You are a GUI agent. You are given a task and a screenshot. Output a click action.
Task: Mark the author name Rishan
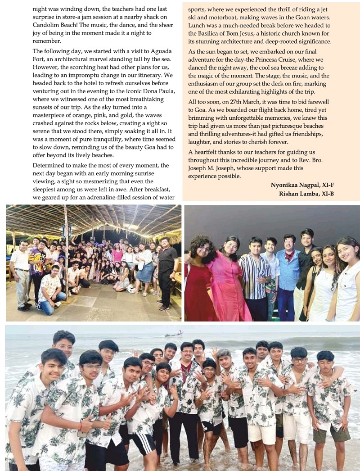pos(292,194)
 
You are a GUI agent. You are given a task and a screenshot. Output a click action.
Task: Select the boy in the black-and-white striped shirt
pos(254,275)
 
